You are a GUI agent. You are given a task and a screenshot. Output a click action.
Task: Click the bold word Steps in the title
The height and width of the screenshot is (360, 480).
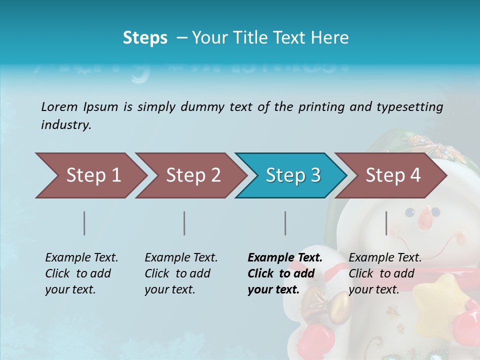145,38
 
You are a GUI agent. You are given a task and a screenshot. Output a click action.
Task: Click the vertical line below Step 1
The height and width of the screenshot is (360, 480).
84,223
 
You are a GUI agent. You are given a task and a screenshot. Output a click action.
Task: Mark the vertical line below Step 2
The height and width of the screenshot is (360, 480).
184,223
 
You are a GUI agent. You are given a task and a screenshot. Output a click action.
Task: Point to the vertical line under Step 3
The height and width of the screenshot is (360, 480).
285,223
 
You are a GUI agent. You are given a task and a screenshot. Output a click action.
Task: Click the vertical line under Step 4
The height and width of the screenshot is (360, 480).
386,223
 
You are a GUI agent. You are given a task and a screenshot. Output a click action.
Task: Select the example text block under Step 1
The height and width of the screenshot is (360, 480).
81,273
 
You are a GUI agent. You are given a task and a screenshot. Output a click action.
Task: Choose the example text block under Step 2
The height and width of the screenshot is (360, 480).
181,273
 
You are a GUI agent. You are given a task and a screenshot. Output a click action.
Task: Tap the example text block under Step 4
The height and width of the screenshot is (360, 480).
385,273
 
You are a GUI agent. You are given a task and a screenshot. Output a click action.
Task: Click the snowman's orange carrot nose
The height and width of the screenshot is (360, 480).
425,217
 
